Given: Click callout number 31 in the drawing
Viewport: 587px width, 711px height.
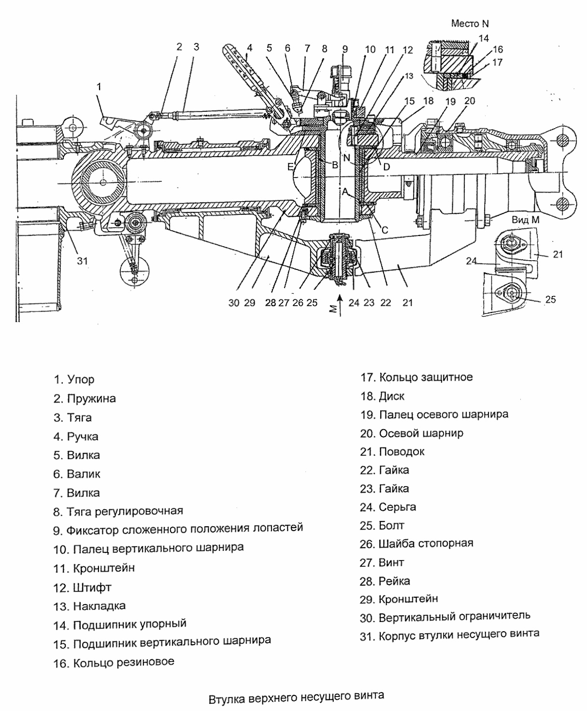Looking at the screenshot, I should point(83,261).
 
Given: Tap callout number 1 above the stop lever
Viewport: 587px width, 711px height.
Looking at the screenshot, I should point(99,87).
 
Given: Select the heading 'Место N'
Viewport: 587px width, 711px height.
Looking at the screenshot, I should point(470,24).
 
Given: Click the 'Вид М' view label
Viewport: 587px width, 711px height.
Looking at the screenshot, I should point(525,220).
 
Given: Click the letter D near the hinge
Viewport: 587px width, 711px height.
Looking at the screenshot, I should point(387,166).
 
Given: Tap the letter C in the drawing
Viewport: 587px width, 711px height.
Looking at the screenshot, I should point(385,230).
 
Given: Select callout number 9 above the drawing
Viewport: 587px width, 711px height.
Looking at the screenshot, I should point(344,48).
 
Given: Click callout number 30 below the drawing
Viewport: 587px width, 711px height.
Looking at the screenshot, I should point(234,303).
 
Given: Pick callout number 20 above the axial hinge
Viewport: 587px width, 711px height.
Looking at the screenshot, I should point(469,101).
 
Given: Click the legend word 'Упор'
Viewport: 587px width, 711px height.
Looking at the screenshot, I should point(81,380).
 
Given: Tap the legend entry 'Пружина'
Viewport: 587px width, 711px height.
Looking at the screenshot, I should point(91,399).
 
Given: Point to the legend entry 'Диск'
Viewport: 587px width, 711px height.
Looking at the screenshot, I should point(391,396).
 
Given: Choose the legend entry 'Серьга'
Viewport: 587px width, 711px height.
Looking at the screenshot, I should point(397,507).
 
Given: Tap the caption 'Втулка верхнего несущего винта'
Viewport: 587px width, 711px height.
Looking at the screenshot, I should point(296,698).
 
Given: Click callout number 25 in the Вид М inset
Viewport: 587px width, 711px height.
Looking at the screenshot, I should point(550,299).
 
